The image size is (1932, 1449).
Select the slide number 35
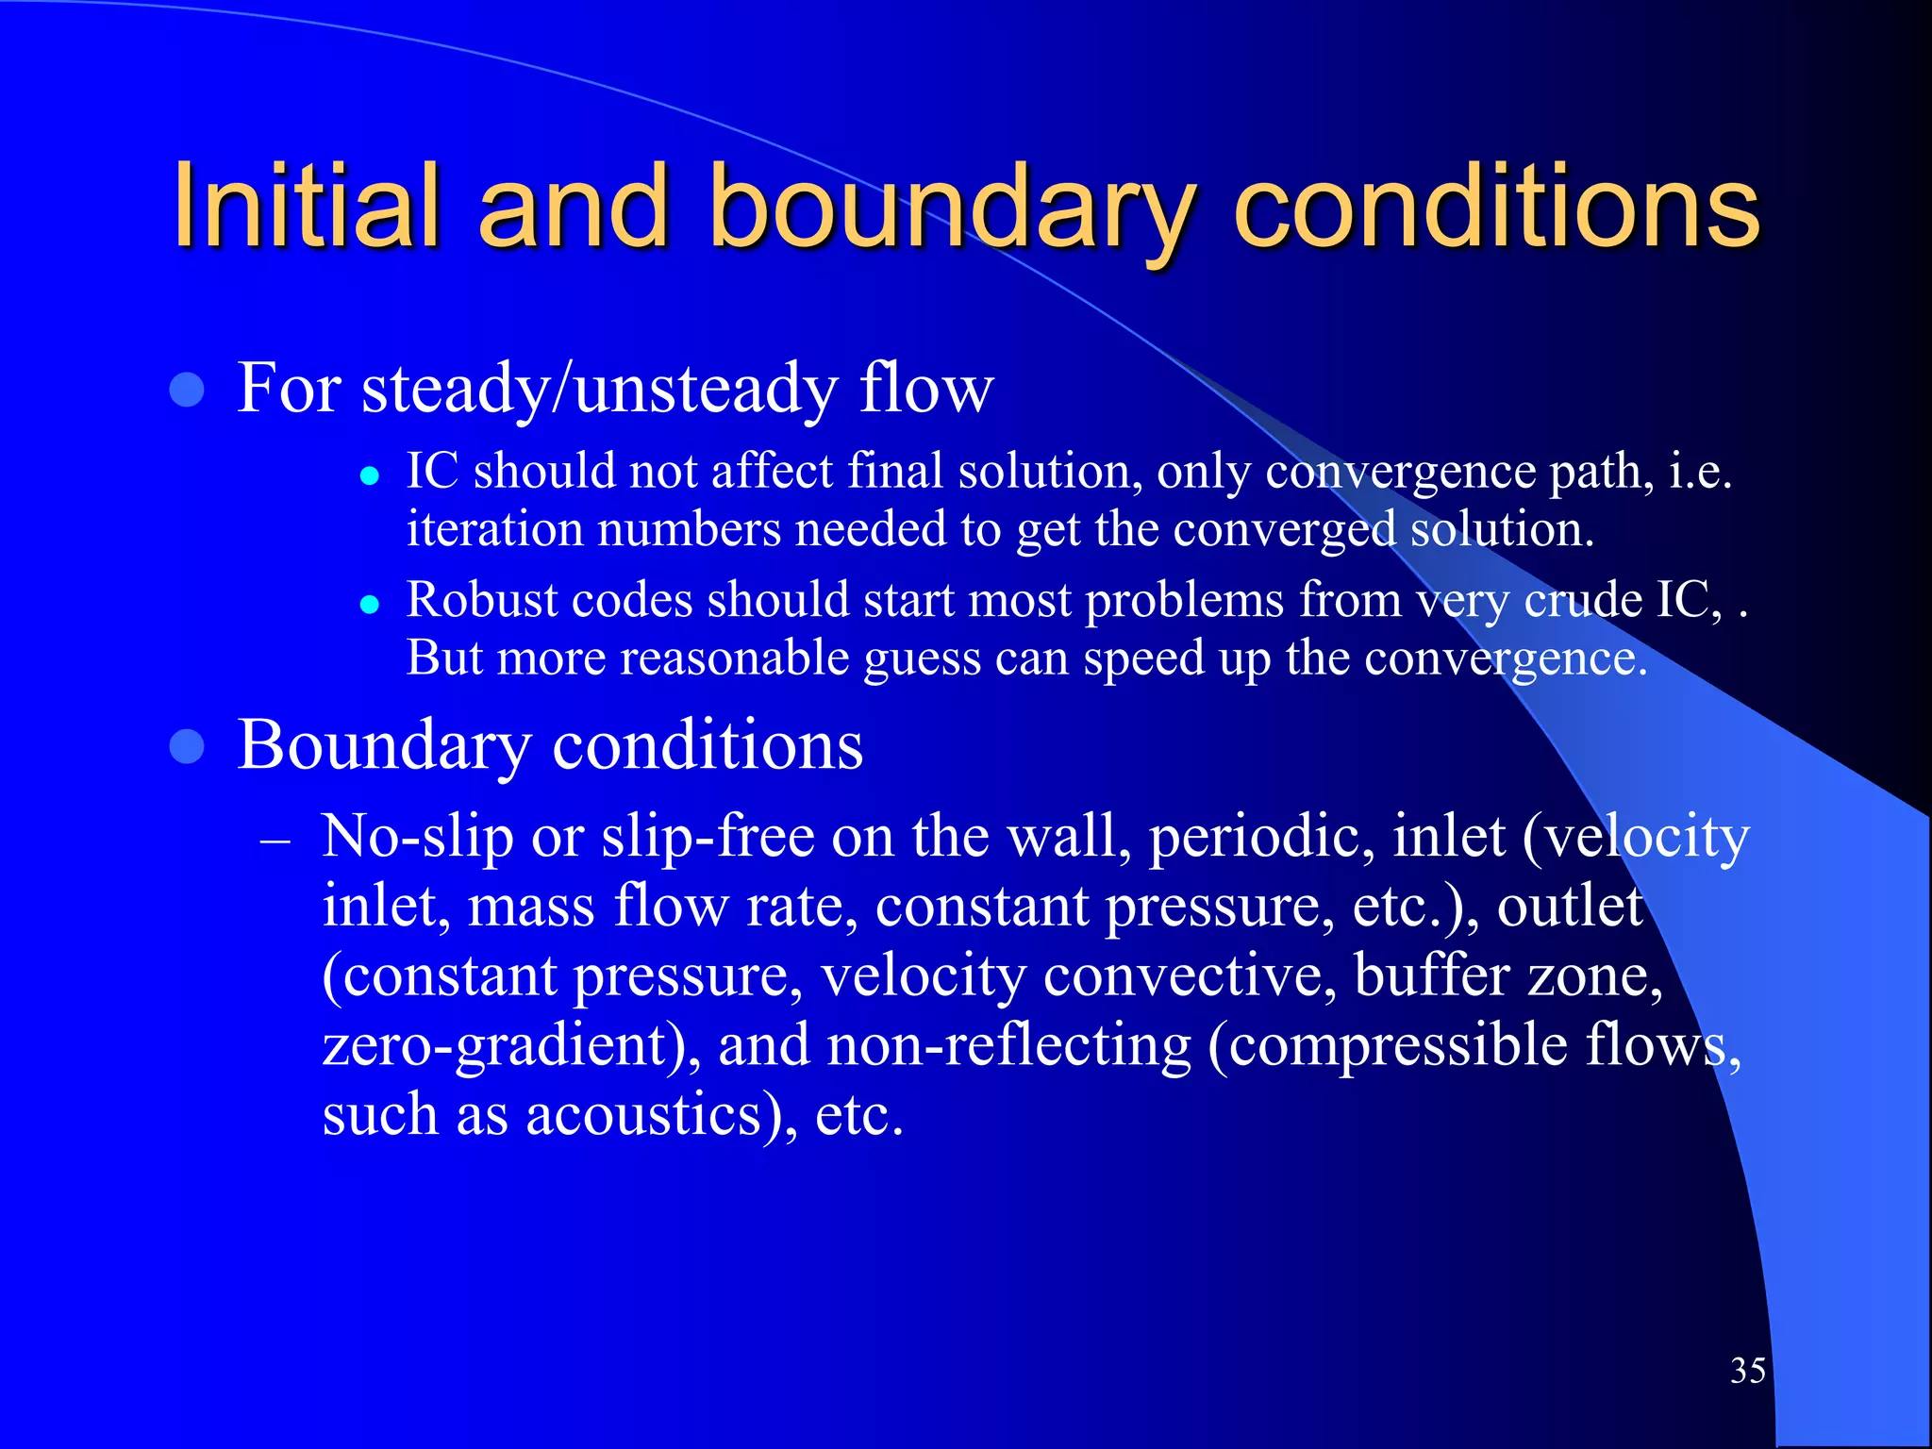coord(1748,1370)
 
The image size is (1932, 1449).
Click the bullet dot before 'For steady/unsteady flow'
coord(188,390)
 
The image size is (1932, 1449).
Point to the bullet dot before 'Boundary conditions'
coord(188,747)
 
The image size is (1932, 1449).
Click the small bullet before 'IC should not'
coord(370,475)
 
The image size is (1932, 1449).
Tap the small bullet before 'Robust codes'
coord(370,605)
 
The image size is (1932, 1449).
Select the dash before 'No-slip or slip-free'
coord(275,839)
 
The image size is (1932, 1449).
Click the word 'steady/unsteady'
coord(599,388)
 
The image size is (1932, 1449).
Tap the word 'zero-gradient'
coord(495,1046)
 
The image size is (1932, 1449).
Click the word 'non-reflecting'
coord(1008,1045)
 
